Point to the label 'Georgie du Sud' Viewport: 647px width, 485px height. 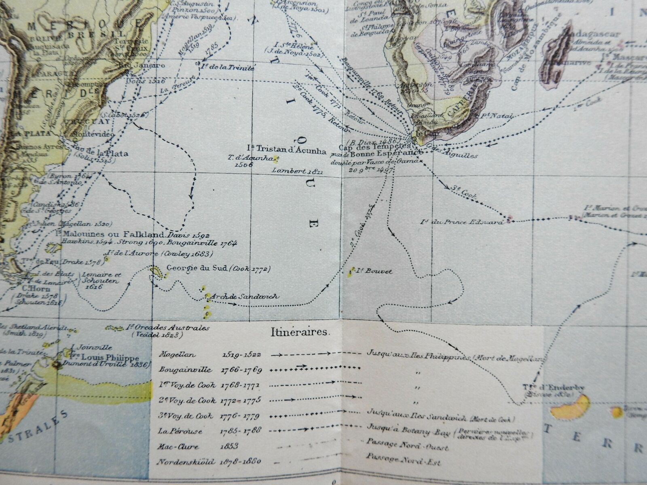[197, 268]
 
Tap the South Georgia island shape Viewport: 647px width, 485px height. [156, 272]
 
